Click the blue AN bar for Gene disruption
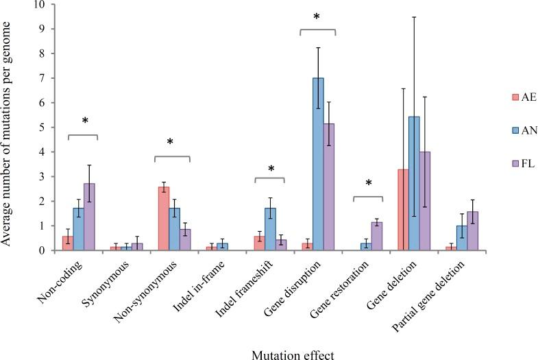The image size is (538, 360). pos(318,165)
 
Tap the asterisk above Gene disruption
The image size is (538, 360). pos(317,16)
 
